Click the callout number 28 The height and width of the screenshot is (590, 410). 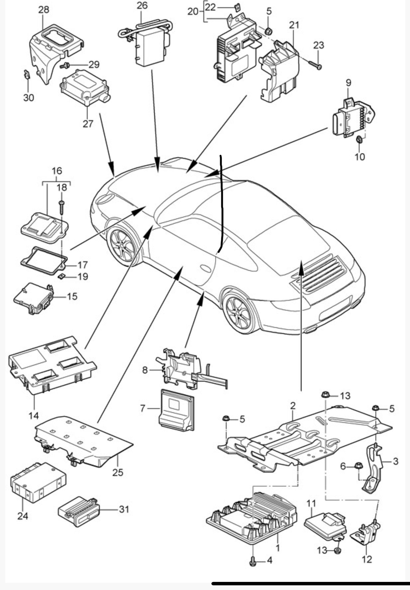coord(44,10)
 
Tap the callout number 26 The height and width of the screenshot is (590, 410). coord(142,6)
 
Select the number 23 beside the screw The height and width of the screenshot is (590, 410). coord(319,46)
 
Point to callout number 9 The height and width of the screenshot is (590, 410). coord(349,83)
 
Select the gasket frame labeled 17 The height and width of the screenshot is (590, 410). coord(44,257)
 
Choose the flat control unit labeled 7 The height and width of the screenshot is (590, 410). coord(176,409)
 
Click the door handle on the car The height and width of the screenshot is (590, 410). coord(206,268)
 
